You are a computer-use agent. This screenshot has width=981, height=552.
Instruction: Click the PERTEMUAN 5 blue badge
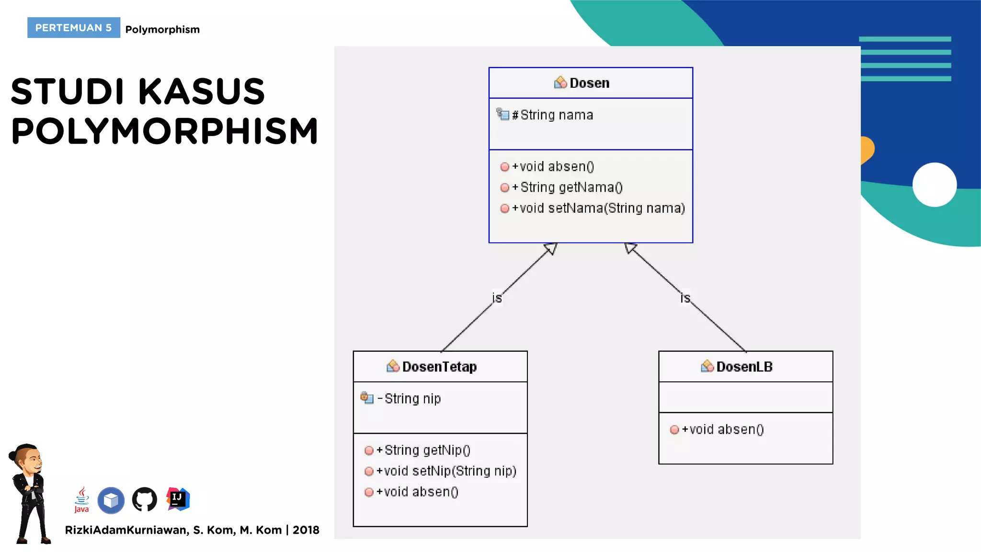click(73, 28)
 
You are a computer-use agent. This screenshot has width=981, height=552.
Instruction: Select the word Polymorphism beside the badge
click(162, 30)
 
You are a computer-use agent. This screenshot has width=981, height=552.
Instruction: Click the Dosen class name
click(589, 83)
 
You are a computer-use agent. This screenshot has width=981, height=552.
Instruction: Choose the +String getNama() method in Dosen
click(567, 187)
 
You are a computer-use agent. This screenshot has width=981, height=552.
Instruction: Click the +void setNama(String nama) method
click(598, 208)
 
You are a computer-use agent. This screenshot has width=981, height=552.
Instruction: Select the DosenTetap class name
click(439, 367)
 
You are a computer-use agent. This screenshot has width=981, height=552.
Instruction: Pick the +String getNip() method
click(423, 450)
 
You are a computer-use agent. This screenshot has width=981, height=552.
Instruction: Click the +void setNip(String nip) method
click(446, 471)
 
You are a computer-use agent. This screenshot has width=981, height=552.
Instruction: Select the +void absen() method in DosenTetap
click(417, 492)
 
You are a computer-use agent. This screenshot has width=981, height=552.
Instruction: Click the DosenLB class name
click(744, 367)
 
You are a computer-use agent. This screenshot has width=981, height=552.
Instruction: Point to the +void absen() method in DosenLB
click(722, 429)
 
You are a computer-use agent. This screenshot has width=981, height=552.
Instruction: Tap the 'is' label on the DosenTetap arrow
click(497, 298)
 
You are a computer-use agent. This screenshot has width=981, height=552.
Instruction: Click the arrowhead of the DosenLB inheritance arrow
click(630, 248)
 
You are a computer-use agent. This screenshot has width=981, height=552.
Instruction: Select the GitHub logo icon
click(144, 500)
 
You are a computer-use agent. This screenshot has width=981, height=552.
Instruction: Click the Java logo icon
click(82, 500)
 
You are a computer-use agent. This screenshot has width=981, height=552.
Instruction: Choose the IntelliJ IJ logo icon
click(178, 499)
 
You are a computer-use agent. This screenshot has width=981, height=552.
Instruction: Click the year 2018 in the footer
click(306, 530)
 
